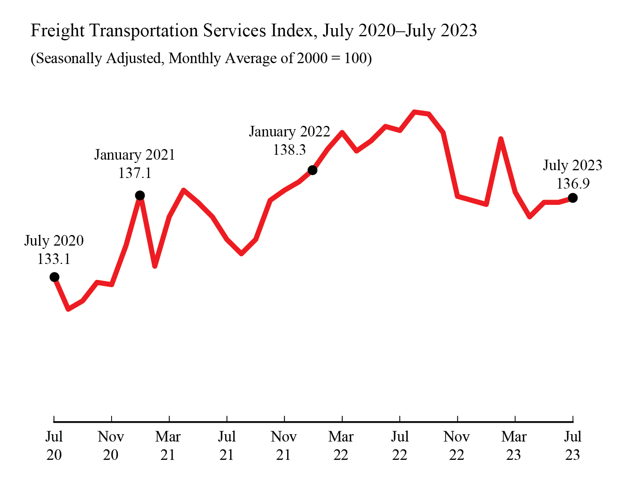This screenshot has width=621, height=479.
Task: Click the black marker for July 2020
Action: pyautogui.click(x=54, y=277)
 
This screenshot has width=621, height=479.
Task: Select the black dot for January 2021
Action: pyautogui.click(x=140, y=196)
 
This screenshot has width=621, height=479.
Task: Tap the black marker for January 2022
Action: pyautogui.click(x=312, y=170)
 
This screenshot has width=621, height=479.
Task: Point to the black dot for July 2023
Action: pyautogui.click(x=573, y=198)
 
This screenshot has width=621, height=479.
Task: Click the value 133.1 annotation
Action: pyautogui.click(x=54, y=259)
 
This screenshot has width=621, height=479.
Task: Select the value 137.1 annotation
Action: pyautogui.click(x=135, y=173)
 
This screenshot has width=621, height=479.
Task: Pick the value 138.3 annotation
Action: pyautogui.click(x=289, y=150)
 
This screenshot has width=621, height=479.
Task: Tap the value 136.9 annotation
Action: pyautogui.click(x=573, y=184)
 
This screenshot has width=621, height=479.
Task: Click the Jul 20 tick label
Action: pyautogui.click(x=54, y=446)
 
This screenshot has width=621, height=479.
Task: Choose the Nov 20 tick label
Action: pyautogui.click(x=111, y=446)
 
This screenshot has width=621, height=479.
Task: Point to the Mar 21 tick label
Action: pyautogui.click(x=168, y=446)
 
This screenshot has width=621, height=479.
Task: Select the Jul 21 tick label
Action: pyautogui.click(x=226, y=446)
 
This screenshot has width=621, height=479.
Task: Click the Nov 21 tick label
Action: pyautogui.click(x=284, y=446)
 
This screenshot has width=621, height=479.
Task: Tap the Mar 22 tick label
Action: pyautogui.click(x=341, y=446)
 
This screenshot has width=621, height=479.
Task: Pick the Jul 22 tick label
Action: pyautogui.click(x=399, y=446)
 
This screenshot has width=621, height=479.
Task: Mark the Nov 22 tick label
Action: pyautogui.click(x=457, y=446)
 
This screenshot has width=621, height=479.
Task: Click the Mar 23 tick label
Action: pyautogui.click(x=514, y=446)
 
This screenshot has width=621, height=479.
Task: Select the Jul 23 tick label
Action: pyautogui.click(x=573, y=446)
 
